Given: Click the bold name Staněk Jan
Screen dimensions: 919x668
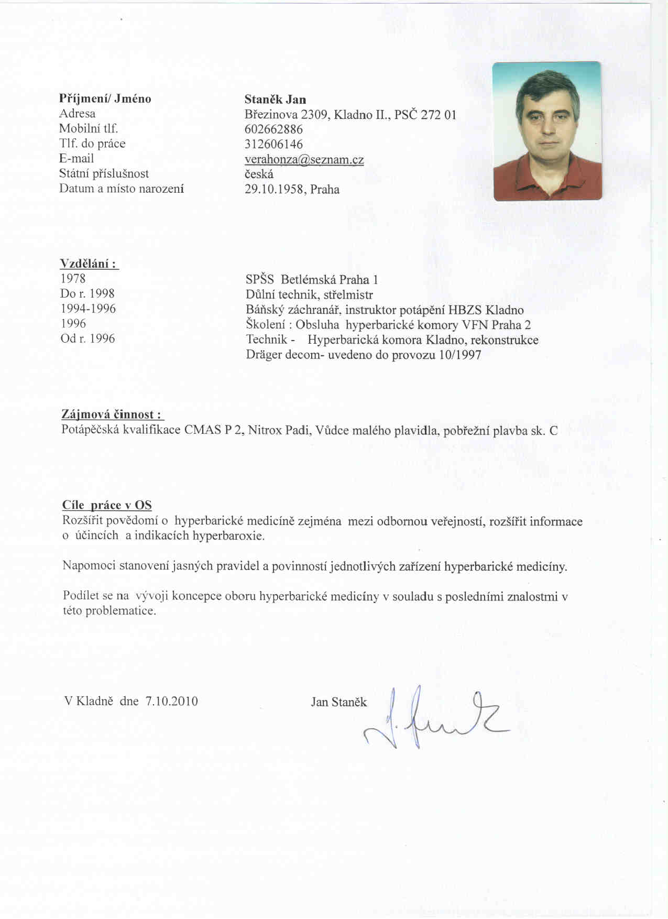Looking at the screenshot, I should tap(275, 100).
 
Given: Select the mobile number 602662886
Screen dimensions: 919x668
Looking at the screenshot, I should tap(273, 129).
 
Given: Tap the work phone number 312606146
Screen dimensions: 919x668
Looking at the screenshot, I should tap(273, 144).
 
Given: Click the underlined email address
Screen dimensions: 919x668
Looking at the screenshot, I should tap(304, 160).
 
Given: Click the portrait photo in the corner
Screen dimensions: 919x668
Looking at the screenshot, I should tap(547, 131).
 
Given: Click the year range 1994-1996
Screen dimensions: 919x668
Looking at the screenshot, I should tap(88, 309).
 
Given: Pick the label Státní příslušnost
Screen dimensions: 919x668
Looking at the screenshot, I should tap(104, 173).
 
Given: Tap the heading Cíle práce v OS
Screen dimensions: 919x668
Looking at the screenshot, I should tap(107, 505).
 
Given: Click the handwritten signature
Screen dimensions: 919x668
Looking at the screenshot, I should tap(435, 718).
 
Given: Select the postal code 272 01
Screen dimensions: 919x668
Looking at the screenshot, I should tap(439, 115).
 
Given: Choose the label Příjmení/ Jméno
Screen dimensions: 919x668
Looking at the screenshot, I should tap(105, 99).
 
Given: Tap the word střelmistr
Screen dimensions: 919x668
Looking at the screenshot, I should tap(348, 294).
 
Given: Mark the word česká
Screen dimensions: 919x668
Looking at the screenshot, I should tap(259, 174).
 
